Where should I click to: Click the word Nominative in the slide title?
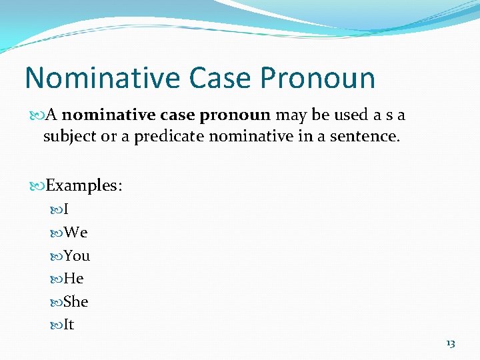coord(103,78)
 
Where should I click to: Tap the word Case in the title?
coord(221,78)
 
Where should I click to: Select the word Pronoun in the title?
coord(318,78)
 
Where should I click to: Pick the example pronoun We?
coord(75,233)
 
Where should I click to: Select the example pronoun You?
coord(77,256)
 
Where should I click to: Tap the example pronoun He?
coord(73,279)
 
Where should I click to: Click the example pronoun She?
coord(75,302)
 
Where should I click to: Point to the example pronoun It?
coord(69,325)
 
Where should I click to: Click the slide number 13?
coord(450,343)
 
